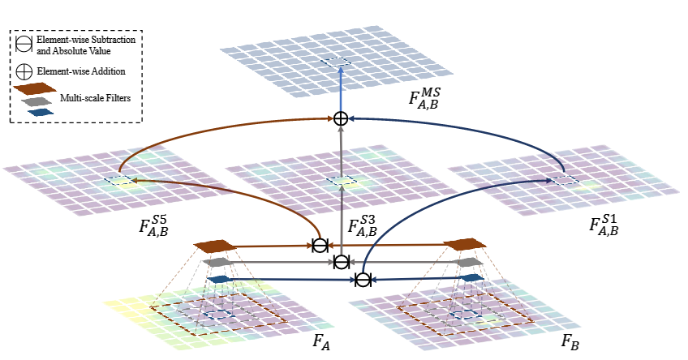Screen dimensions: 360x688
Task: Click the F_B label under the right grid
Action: (x=571, y=341)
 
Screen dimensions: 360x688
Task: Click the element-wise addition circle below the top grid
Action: (x=341, y=119)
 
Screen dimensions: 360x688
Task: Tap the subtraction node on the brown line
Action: (x=320, y=245)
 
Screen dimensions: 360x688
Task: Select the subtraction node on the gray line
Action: (x=342, y=262)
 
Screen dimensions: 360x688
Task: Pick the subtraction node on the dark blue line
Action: (x=363, y=280)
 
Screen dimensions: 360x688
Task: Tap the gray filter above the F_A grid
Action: (x=217, y=263)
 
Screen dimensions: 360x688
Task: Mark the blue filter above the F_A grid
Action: (x=217, y=280)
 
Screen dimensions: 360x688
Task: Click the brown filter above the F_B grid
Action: (x=465, y=244)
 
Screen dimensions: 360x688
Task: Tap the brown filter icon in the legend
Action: (x=37, y=88)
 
